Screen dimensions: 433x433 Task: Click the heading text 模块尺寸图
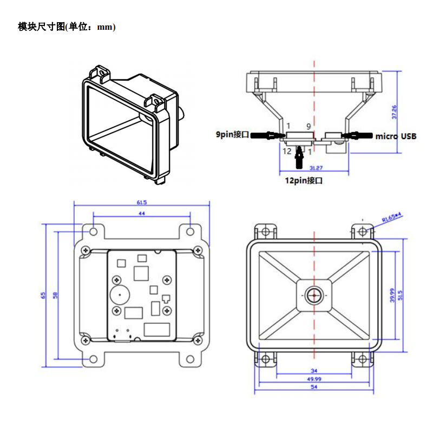pyautogui.click(x=41, y=27)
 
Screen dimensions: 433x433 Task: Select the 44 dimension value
pyautogui.click(x=142, y=215)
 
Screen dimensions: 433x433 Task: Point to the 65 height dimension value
pyautogui.click(x=43, y=295)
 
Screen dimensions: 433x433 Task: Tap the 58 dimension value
pyautogui.click(x=55, y=295)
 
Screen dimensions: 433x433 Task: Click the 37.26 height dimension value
pyautogui.click(x=395, y=112)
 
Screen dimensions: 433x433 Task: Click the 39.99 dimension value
pyautogui.click(x=393, y=296)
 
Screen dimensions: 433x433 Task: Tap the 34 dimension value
pyautogui.click(x=314, y=371)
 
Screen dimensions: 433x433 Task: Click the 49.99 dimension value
pyautogui.click(x=314, y=379)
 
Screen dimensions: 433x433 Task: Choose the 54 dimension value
pyautogui.click(x=314, y=388)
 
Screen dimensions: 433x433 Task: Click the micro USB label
pyautogui.click(x=396, y=136)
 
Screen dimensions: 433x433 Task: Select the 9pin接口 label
pyautogui.click(x=232, y=134)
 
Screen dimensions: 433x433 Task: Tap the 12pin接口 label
pyautogui.click(x=304, y=181)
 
